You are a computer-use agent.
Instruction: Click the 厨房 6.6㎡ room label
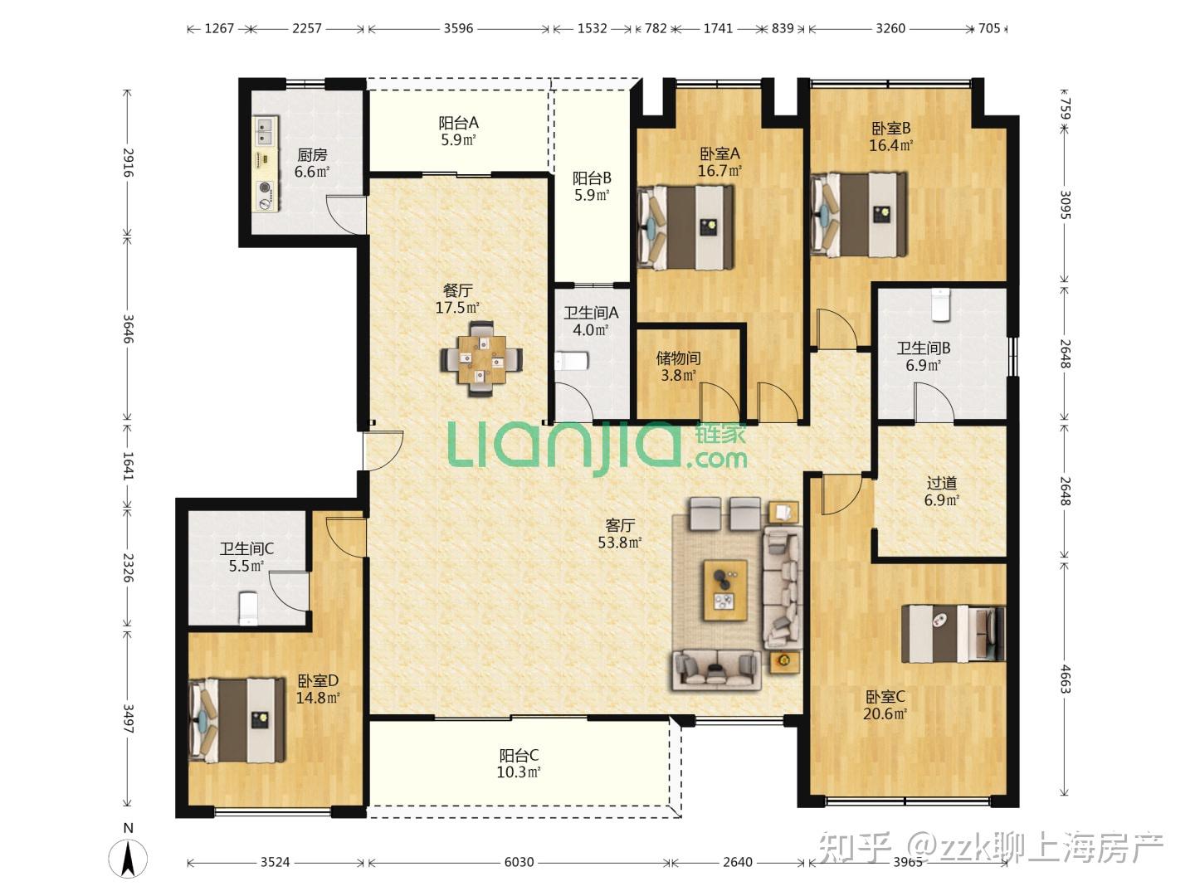(x=312, y=163)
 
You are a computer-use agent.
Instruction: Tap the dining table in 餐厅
(x=480, y=359)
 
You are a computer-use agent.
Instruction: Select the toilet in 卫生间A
(x=571, y=361)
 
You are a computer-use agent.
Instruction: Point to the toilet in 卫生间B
(x=940, y=304)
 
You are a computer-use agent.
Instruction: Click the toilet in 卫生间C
(x=248, y=608)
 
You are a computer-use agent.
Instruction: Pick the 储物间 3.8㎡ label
(x=678, y=366)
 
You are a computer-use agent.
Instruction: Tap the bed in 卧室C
(x=953, y=633)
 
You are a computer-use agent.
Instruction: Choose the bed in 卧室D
(x=237, y=720)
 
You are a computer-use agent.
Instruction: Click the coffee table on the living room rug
(x=725, y=590)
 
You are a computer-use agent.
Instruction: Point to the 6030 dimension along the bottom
(x=519, y=862)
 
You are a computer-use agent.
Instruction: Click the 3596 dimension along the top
(x=458, y=28)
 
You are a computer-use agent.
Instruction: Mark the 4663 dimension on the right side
(x=1065, y=679)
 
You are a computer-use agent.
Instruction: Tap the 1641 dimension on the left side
(x=128, y=465)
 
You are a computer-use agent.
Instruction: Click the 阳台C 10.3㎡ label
(x=519, y=763)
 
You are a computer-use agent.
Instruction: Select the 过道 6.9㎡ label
(x=942, y=491)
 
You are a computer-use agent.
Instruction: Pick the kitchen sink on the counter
(x=265, y=132)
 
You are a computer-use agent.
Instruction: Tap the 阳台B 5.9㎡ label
(x=592, y=186)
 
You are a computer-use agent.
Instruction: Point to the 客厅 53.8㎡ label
(x=620, y=533)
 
